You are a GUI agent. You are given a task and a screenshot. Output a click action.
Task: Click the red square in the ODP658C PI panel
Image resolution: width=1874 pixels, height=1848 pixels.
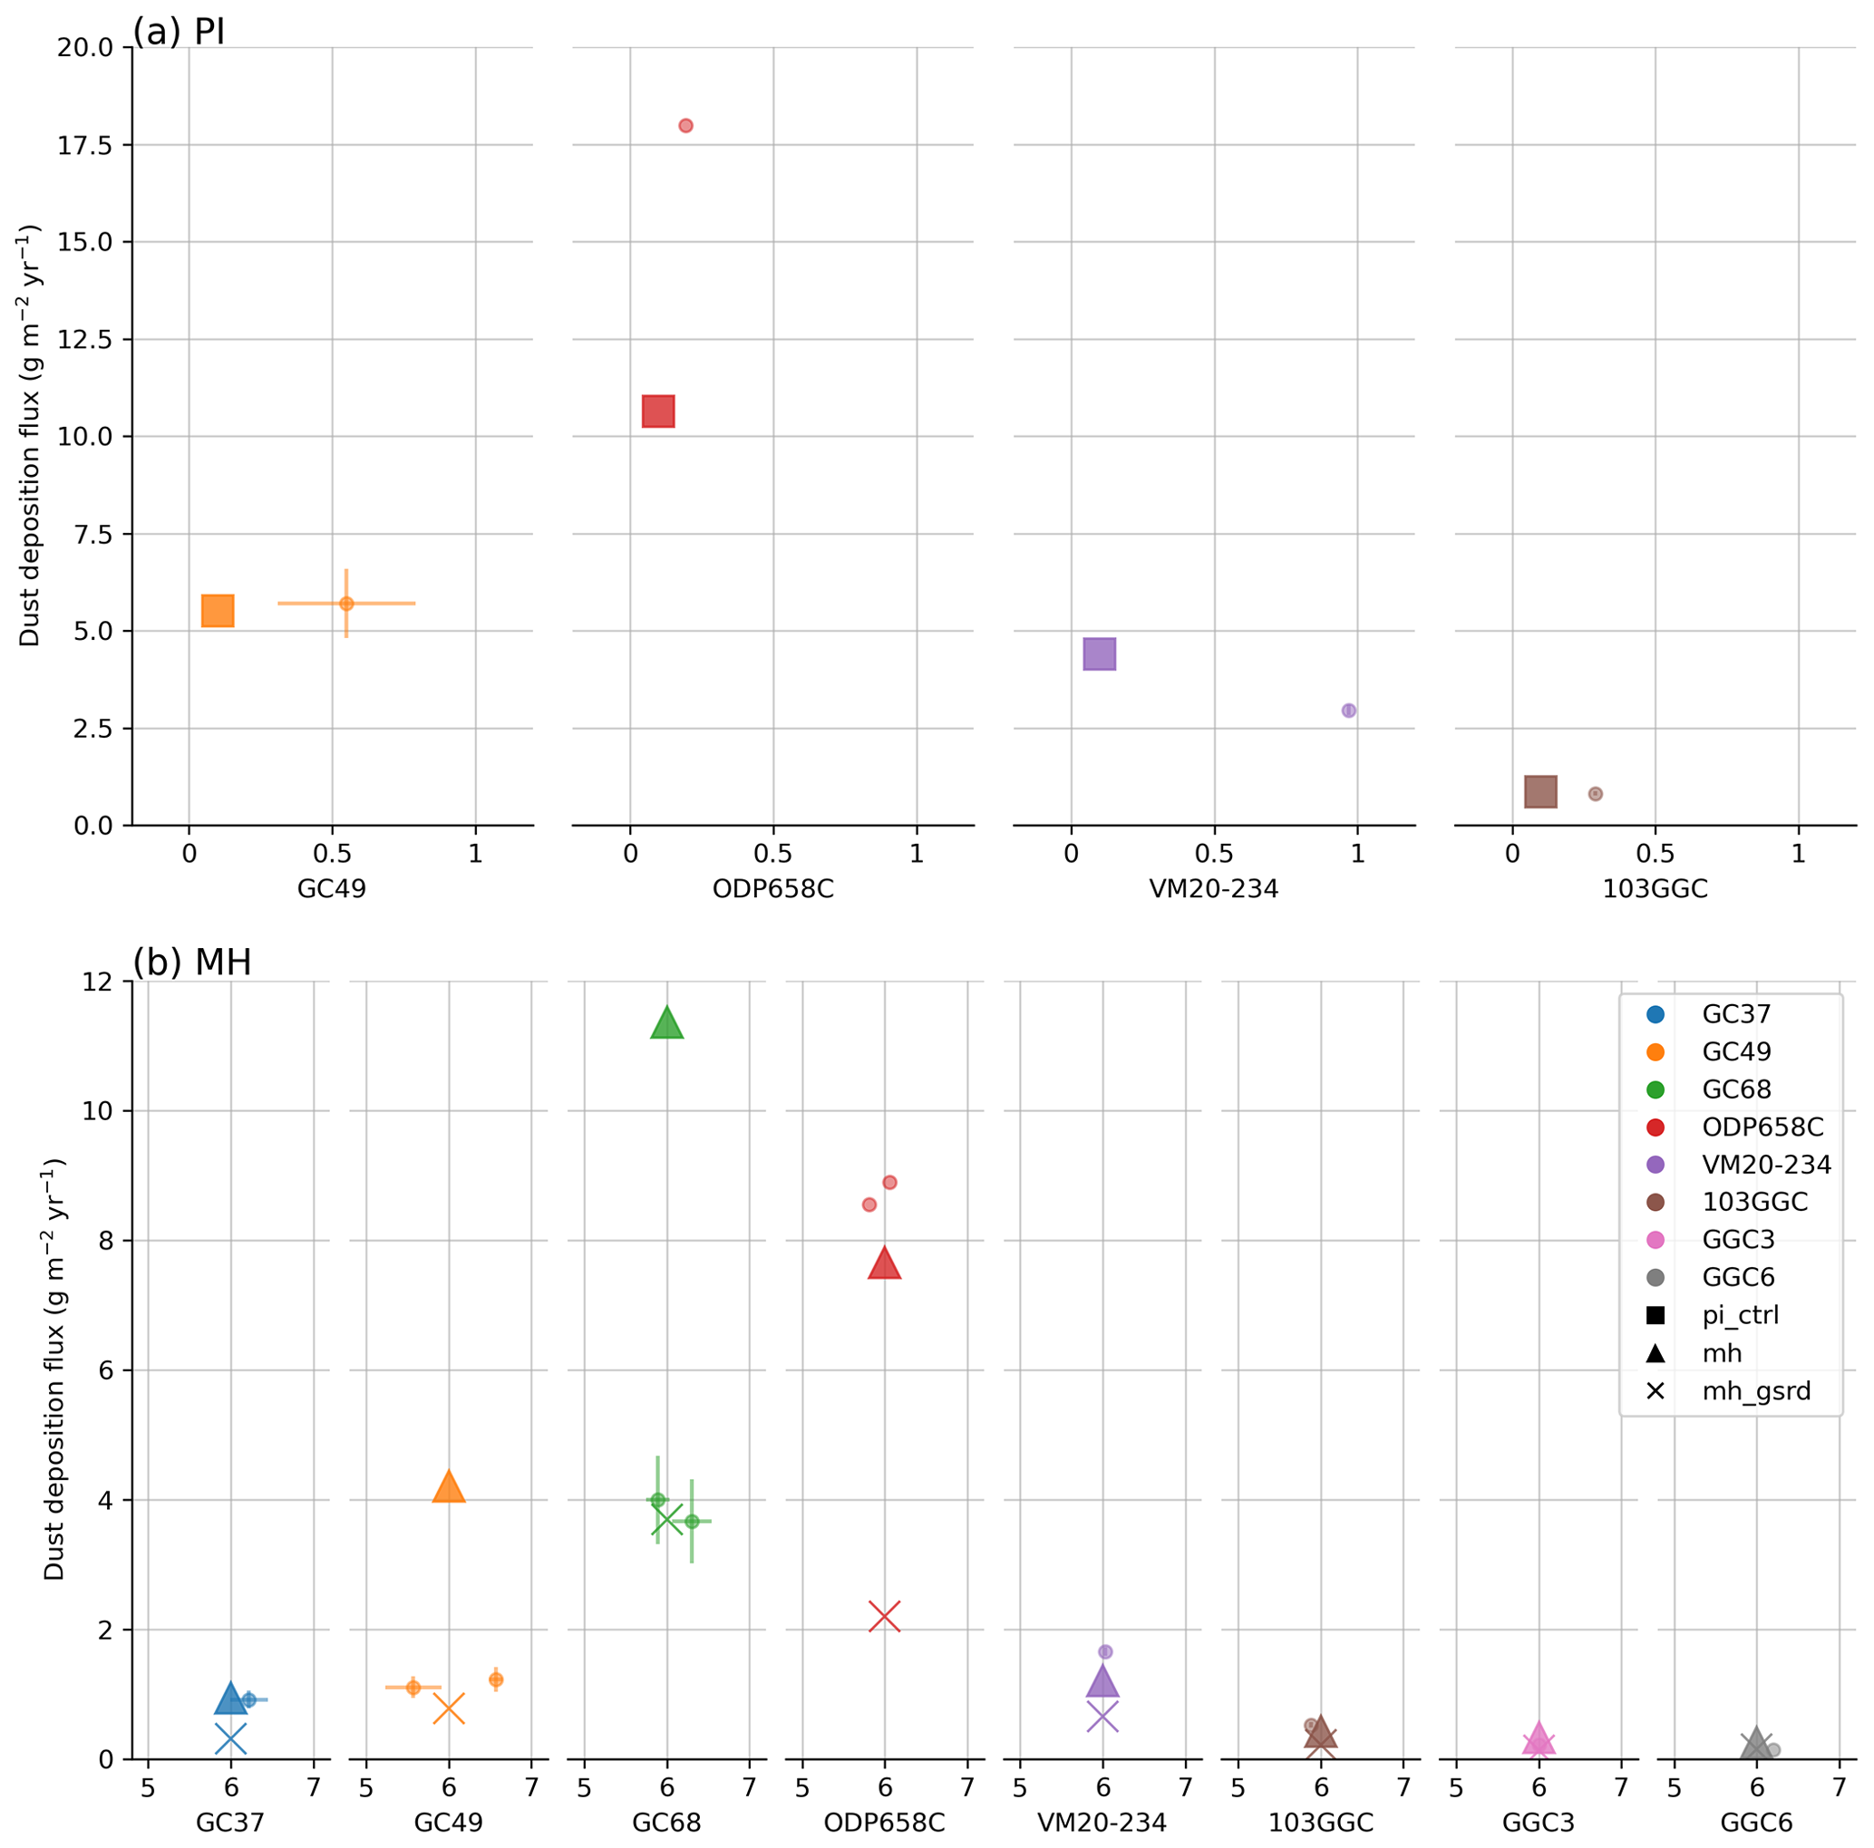657,411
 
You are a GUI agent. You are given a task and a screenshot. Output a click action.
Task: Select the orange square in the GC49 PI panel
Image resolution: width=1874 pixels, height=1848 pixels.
218,611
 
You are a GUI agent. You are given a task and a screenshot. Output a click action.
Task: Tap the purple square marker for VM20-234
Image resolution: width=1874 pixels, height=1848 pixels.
1099,654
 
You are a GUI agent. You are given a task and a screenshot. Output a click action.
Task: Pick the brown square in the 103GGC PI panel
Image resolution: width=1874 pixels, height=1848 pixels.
1540,792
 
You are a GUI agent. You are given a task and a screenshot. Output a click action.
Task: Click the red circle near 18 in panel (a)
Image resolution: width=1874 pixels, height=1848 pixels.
685,126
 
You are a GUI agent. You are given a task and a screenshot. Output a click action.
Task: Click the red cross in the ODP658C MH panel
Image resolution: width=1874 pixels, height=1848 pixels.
885,1616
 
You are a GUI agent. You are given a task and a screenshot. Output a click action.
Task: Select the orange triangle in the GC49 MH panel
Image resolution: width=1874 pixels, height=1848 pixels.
448,1486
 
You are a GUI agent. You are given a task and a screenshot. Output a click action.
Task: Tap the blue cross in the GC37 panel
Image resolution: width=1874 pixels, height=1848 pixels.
230,1739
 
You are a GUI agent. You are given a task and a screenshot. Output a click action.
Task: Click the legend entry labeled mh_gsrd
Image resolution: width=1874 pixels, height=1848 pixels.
1755,1391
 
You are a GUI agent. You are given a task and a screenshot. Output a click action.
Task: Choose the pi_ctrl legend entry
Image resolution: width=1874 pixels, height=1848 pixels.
1740,1316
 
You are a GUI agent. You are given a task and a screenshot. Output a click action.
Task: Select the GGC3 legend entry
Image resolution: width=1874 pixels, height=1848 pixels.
1738,1240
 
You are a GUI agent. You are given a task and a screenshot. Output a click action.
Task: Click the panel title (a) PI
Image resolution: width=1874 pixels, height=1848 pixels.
179,32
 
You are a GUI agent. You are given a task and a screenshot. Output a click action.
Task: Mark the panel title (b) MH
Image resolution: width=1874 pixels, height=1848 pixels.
192,963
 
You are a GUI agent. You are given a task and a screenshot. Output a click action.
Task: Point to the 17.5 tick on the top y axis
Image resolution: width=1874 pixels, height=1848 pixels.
84,145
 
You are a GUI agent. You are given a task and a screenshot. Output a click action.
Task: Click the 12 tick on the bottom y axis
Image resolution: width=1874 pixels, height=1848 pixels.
97,982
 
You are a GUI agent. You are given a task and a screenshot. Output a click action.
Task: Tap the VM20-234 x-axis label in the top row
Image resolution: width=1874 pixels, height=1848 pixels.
1213,889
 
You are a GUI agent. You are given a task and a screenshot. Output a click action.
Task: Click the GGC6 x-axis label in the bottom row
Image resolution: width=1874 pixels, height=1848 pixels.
1755,1823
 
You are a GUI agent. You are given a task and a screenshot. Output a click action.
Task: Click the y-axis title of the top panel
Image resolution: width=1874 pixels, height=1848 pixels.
30,436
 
